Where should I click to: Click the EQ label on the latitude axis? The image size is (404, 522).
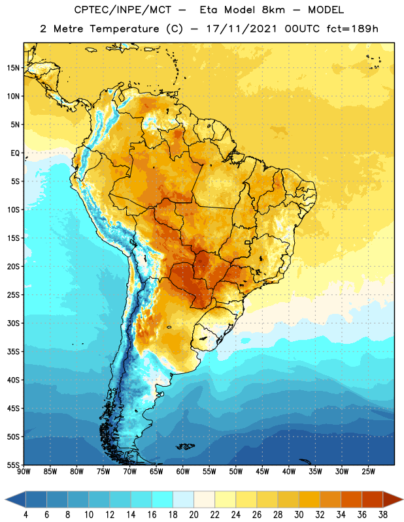pyautogui.click(x=15, y=153)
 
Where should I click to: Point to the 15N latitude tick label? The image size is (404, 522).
pyautogui.click(x=13, y=68)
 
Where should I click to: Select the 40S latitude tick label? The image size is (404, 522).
pyautogui.click(x=13, y=380)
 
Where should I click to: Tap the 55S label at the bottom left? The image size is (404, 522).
pyautogui.click(x=13, y=465)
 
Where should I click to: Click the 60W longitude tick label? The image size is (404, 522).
pyautogui.click(x=182, y=471)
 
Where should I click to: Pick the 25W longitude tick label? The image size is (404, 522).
pyautogui.click(x=368, y=471)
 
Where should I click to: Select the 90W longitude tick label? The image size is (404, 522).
pyautogui.click(x=24, y=471)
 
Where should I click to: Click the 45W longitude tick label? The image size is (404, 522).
pyautogui.click(x=262, y=471)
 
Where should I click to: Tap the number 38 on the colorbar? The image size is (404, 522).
pyautogui.click(x=382, y=515)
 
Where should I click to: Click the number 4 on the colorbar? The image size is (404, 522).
pyautogui.click(x=25, y=515)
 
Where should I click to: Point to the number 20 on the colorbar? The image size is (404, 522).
pyautogui.click(x=194, y=515)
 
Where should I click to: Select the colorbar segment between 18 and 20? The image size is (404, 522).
pyautogui.click(x=183, y=500)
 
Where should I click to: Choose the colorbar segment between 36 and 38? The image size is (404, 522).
pyautogui.click(x=373, y=500)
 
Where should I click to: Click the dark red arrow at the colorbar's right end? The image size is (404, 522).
pyautogui.click(x=392, y=500)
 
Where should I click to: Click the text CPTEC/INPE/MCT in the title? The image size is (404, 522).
pyautogui.click(x=122, y=10)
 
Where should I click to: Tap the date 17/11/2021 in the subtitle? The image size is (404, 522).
pyautogui.click(x=241, y=29)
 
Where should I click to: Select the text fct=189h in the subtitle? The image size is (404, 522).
pyautogui.click(x=352, y=29)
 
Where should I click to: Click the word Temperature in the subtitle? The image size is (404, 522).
pyautogui.click(x=124, y=29)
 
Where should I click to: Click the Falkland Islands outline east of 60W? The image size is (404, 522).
pyautogui.click(x=186, y=446)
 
